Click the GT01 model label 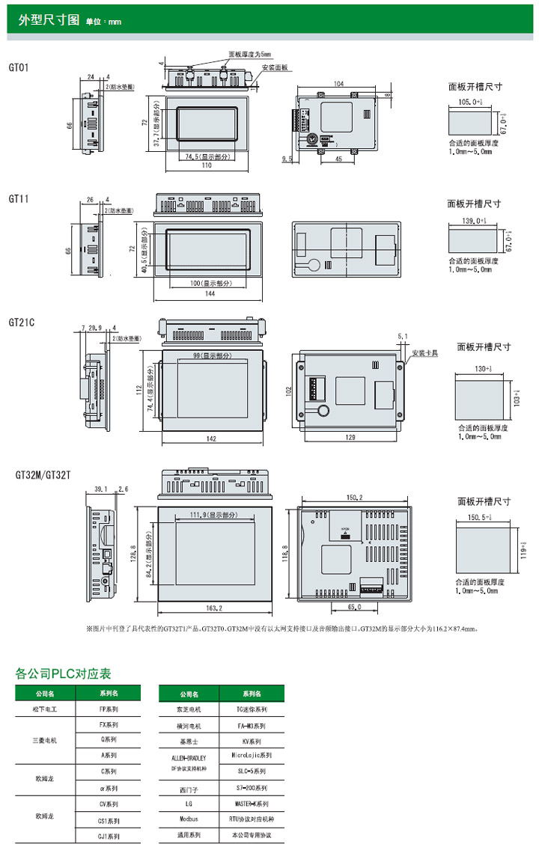point(19,67)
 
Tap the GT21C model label point(22,323)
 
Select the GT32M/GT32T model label point(43,474)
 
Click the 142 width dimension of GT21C point(213,438)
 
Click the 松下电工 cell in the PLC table point(46,708)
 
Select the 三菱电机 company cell point(46,741)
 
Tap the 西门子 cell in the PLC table point(189,789)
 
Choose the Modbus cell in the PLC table point(189,819)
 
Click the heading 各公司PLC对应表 point(63,673)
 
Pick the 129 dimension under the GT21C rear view point(352,437)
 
